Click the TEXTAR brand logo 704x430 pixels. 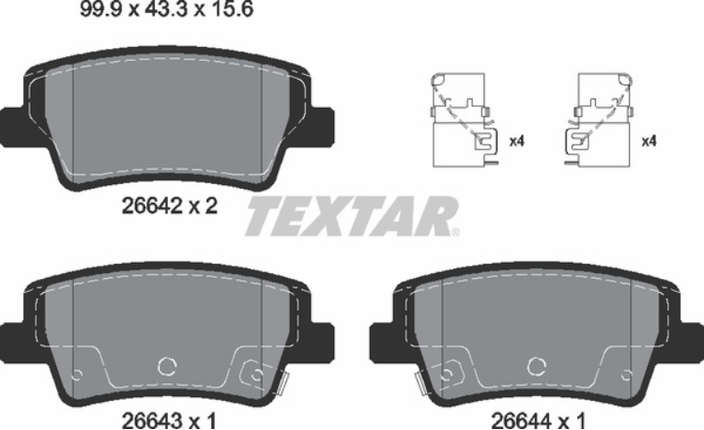tap(350, 217)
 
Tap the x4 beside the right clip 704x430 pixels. tap(647, 142)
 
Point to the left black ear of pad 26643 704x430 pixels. tap(13, 338)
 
